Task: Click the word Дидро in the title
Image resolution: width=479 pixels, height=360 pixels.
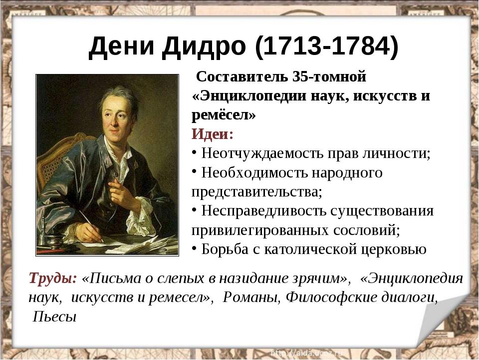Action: [x=204, y=47]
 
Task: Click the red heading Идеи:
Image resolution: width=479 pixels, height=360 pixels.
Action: [x=213, y=134]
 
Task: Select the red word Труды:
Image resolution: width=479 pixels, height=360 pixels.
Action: [x=53, y=278]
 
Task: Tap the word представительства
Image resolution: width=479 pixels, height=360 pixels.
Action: [x=257, y=192]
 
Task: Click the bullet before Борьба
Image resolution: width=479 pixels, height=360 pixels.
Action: [x=194, y=248]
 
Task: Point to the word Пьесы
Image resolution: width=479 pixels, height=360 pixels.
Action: [x=54, y=317]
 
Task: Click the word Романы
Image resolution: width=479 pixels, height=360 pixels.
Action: [x=251, y=297]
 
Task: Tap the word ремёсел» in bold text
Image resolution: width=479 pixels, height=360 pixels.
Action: [x=224, y=115]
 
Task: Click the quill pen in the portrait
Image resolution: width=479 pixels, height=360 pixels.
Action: [x=91, y=226]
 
